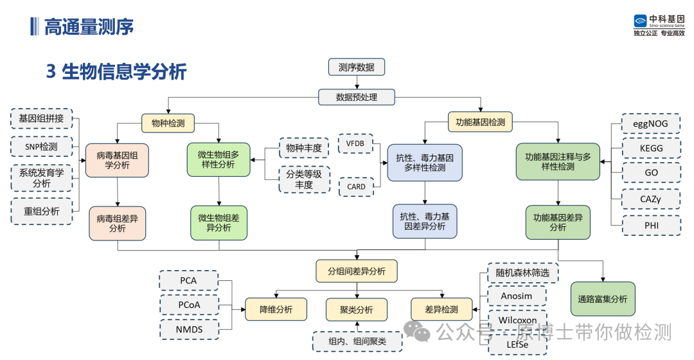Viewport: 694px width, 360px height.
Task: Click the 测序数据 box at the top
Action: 356,67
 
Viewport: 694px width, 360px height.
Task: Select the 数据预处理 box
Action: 357,97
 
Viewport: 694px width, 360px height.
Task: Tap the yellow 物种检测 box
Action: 168,122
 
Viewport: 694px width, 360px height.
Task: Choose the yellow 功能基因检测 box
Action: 480,122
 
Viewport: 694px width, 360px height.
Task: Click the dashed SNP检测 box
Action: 41,147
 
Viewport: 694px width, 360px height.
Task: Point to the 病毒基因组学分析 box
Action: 117,160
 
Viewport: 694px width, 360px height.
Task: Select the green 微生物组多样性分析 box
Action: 218,159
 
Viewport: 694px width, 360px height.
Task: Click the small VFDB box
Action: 355,143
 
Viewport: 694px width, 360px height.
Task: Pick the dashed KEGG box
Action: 652,148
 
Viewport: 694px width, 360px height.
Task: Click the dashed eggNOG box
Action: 652,123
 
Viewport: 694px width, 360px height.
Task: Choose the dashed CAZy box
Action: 651,199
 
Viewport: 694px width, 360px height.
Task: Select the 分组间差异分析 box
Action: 357,271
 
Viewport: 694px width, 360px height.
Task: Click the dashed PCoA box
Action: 188,305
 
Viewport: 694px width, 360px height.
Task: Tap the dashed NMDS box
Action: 188,330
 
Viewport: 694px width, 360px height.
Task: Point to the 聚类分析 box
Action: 357,309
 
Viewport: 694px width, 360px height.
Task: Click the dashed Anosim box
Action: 517,296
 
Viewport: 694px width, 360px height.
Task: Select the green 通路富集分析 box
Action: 602,299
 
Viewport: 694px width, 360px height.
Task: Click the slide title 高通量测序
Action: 89,26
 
